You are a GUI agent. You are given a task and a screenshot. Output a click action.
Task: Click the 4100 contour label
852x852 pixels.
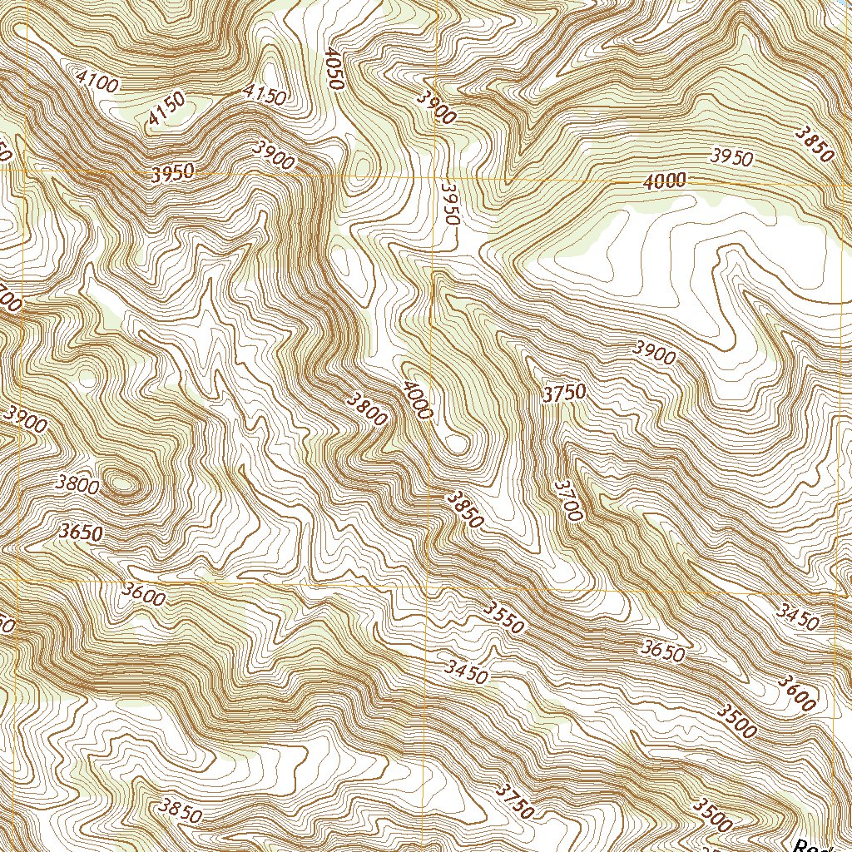tap(97, 80)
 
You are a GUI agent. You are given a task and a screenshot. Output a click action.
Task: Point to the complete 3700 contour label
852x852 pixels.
tap(568, 499)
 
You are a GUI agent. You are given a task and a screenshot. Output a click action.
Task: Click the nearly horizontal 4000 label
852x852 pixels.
tap(664, 181)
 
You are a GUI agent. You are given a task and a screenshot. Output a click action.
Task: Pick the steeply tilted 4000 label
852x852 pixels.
tap(416, 399)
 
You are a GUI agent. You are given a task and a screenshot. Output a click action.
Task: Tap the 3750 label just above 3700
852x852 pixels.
tap(564, 393)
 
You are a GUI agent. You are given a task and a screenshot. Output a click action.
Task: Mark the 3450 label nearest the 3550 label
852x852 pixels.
tap(466, 671)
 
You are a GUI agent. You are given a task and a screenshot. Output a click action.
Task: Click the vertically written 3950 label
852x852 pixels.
tap(450, 204)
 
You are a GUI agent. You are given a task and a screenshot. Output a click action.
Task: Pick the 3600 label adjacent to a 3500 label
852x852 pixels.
tap(797, 692)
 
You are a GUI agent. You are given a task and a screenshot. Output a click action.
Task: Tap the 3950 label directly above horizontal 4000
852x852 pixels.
tap(732, 156)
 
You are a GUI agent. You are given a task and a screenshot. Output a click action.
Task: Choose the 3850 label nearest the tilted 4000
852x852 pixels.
tap(463, 509)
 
